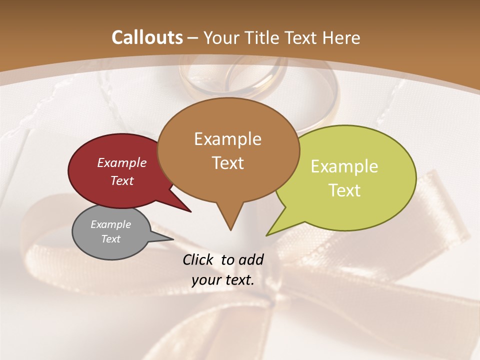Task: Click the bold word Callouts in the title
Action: (147, 37)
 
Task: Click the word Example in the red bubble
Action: (122, 162)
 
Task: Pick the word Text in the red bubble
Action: (122, 180)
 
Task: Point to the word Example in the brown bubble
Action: (227, 138)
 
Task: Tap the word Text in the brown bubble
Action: (228, 162)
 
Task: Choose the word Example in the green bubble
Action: (344, 166)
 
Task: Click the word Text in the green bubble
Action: (345, 190)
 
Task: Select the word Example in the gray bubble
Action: (111, 224)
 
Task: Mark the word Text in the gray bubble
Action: (111, 239)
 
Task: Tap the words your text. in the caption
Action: (223, 280)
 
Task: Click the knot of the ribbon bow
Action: (272, 300)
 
